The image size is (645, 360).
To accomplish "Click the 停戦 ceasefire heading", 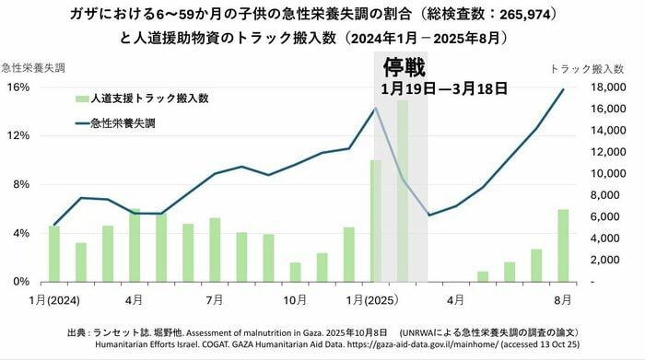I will (x=402, y=69).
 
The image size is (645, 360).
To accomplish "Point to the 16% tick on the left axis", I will (x=20, y=87).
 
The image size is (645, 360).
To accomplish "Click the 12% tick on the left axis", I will (x=20, y=135).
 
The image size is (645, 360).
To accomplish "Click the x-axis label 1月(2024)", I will (x=53, y=299).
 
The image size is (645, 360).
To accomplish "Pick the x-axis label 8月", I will (x=562, y=299).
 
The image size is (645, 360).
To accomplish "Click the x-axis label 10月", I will (x=295, y=299).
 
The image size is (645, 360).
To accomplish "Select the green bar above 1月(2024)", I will (x=53, y=253).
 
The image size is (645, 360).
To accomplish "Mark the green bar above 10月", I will (x=295, y=272).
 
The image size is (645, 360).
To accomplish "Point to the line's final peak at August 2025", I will (x=563, y=89).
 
